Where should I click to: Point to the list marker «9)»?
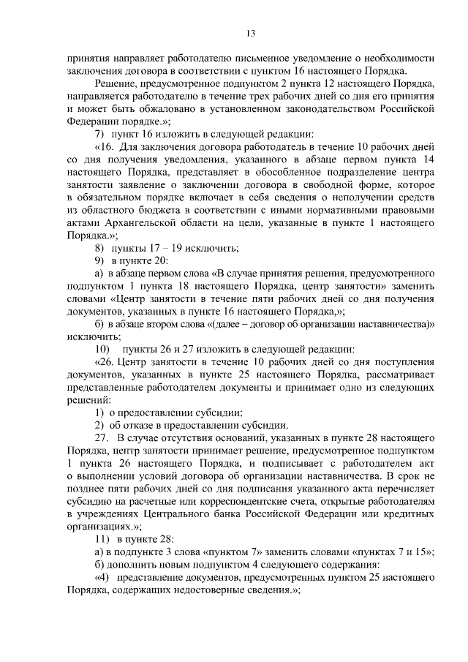coord(100,262)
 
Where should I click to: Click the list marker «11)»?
coord(102,540)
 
